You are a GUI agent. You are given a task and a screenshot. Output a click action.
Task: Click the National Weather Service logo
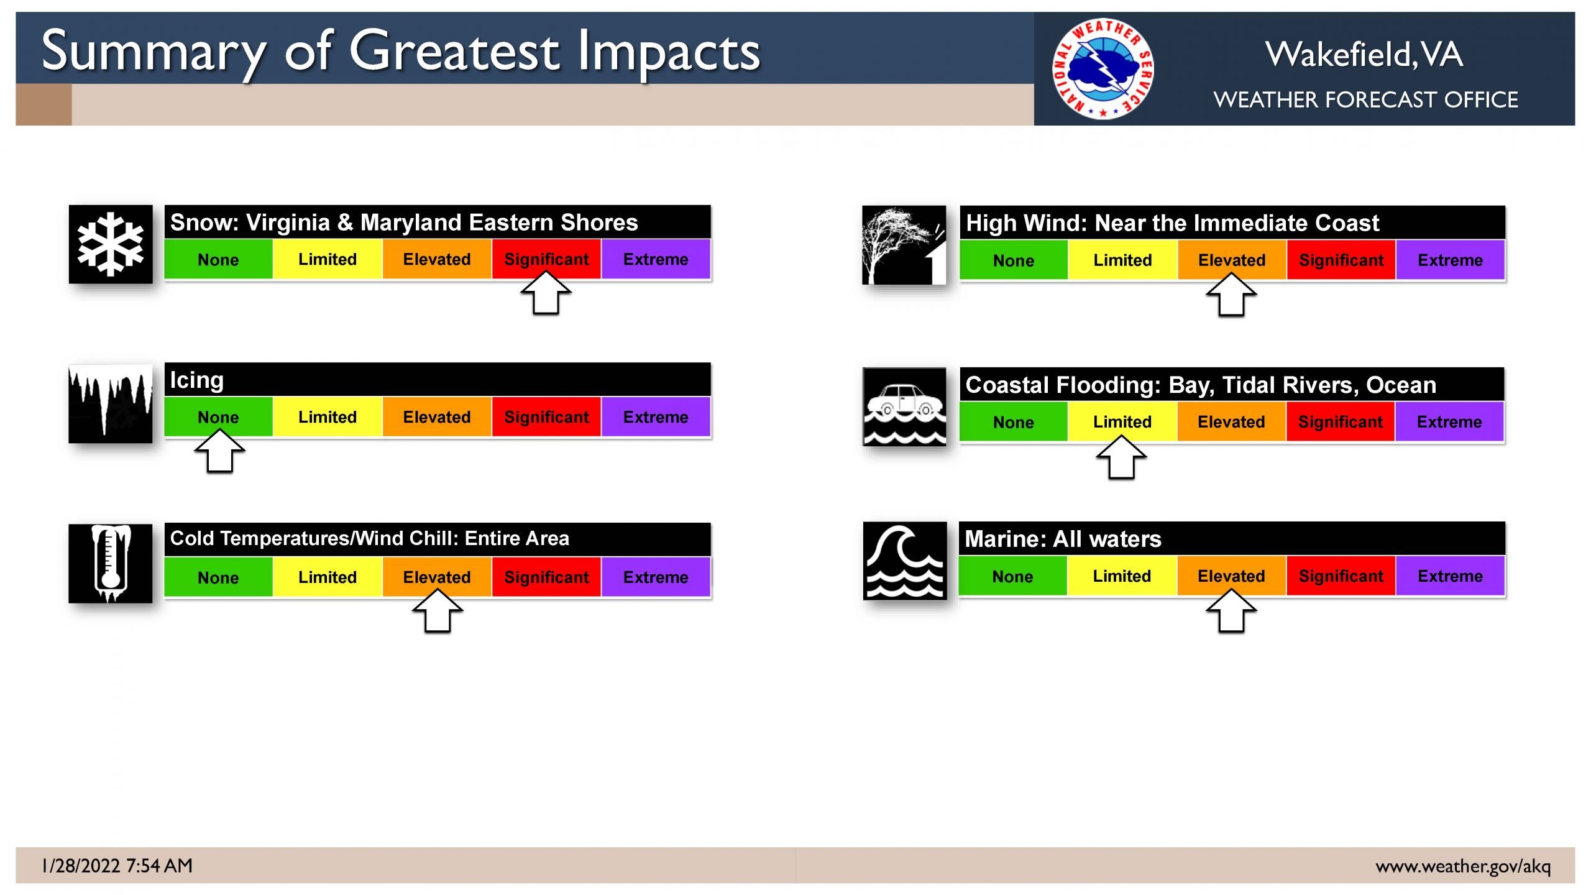(1103, 69)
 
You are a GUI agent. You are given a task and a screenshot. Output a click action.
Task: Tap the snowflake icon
(111, 244)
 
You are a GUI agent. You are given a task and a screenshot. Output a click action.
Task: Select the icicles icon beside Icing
(111, 404)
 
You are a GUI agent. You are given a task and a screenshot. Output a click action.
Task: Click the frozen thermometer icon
(111, 564)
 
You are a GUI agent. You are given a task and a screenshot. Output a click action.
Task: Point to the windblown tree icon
(904, 245)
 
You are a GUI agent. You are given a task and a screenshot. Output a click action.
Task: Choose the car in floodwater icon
(905, 406)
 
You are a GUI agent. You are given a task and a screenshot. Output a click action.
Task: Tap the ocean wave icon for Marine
(905, 561)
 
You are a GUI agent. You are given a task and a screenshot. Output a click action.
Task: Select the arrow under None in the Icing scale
(219, 451)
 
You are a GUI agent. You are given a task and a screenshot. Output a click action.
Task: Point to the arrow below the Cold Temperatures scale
(438, 610)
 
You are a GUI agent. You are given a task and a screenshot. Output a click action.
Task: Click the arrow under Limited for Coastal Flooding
(1121, 457)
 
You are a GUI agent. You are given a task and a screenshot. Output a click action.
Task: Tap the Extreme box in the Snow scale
(656, 259)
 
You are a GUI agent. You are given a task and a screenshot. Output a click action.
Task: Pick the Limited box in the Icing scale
(328, 417)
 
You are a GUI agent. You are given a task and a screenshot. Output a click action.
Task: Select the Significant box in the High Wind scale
(1341, 260)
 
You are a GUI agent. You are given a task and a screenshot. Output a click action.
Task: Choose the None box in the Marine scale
(1013, 576)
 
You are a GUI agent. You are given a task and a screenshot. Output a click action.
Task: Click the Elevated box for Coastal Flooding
(1231, 422)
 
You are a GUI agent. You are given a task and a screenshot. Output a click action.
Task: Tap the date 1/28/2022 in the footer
(80, 866)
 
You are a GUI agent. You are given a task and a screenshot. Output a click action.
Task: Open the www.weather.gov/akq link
(1463, 866)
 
